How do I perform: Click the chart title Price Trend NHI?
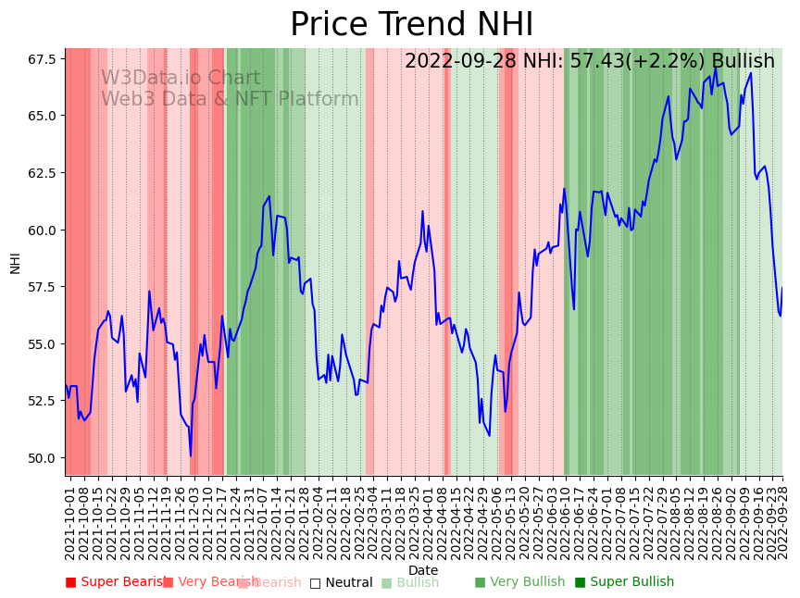pos(411,25)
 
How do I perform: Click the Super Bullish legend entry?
pos(624,582)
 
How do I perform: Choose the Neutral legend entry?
pos(341,583)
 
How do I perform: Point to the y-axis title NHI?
pos(15,262)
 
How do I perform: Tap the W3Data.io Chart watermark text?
pos(181,78)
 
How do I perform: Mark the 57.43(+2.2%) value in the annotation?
pos(643,62)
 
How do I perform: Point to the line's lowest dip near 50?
pos(191,455)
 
